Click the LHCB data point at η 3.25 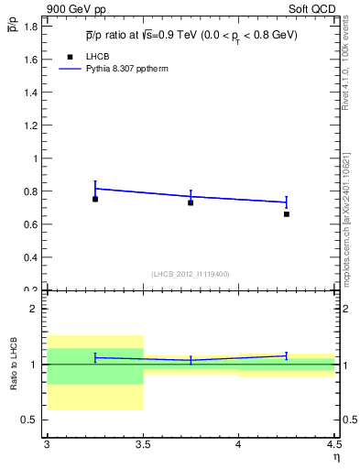pos(95,199)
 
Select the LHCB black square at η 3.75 pos(191,202)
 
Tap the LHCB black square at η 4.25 pos(287,214)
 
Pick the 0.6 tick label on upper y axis pos(30,224)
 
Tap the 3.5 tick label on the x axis pos(142,445)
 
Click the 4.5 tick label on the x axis pos(333,445)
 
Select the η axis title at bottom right pos(335,457)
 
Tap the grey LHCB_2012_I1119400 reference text pos(191,273)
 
